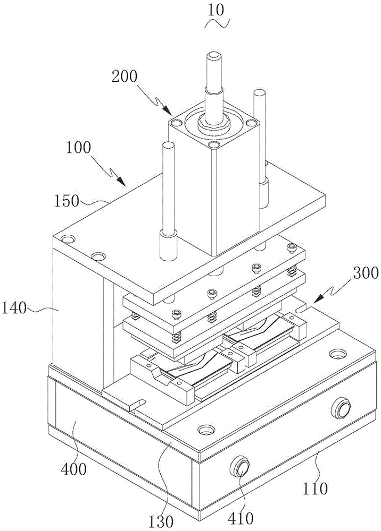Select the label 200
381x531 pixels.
(125, 77)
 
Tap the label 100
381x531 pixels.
(78, 148)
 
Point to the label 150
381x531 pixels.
(67, 201)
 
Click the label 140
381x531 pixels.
(14, 309)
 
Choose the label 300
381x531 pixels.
(366, 273)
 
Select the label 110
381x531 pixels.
(315, 488)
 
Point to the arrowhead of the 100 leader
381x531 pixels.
(121, 181)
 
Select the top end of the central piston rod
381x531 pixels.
(215, 55)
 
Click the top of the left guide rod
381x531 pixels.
(168, 146)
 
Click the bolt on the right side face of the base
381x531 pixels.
(341, 407)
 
